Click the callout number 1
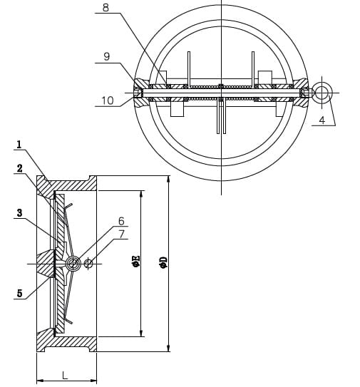point(19,145)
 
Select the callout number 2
point(19,168)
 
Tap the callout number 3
point(19,212)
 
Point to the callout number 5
point(19,293)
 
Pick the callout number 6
point(121,221)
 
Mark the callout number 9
point(106,56)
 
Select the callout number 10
point(107,101)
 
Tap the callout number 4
point(322,120)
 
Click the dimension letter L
point(65,374)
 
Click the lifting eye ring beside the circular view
point(323,92)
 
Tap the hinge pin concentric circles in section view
point(72,264)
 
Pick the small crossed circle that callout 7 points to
point(88,264)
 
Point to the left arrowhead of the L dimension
point(39,381)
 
